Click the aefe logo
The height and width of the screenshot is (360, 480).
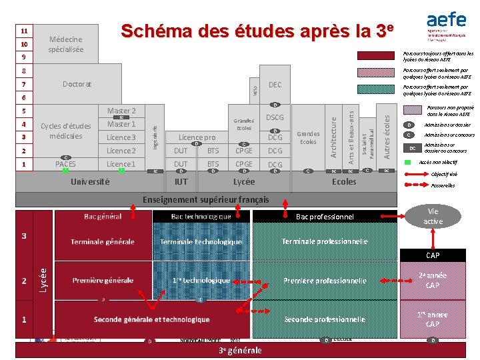tap(446, 26)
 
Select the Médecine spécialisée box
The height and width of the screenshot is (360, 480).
tap(66, 45)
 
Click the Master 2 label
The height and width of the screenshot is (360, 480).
tap(121, 111)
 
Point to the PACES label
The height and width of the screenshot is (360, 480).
tap(65, 164)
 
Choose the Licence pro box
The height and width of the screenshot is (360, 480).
tap(196, 137)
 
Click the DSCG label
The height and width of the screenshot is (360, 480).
tap(275, 118)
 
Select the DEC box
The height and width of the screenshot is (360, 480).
tap(275, 85)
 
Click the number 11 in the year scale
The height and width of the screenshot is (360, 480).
tap(24, 31)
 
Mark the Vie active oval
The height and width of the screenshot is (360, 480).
tap(433, 216)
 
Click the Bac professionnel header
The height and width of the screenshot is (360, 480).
tap(325, 217)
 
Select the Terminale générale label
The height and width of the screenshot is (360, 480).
tap(102, 242)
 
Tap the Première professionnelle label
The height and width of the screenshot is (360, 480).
tap(325, 281)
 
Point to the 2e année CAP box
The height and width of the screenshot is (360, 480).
tap(432, 281)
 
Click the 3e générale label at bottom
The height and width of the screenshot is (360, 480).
tap(240, 350)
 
